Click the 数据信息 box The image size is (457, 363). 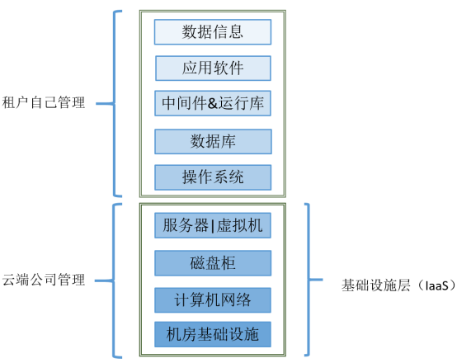click(x=213, y=32)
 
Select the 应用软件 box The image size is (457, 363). click(x=213, y=68)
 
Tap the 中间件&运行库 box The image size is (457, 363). click(x=213, y=104)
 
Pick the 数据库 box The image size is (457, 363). click(x=213, y=141)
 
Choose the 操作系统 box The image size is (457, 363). click(x=213, y=177)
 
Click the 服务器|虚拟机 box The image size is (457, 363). click(x=213, y=224)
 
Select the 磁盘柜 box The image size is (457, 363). click(x=213, y=263)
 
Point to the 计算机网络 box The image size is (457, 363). click(x=213, y=299)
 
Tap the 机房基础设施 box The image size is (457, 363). click(x=213, y=335)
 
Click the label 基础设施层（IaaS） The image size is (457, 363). click(x=388, y=285)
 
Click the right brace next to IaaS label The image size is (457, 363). click(x=309, y=280)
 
